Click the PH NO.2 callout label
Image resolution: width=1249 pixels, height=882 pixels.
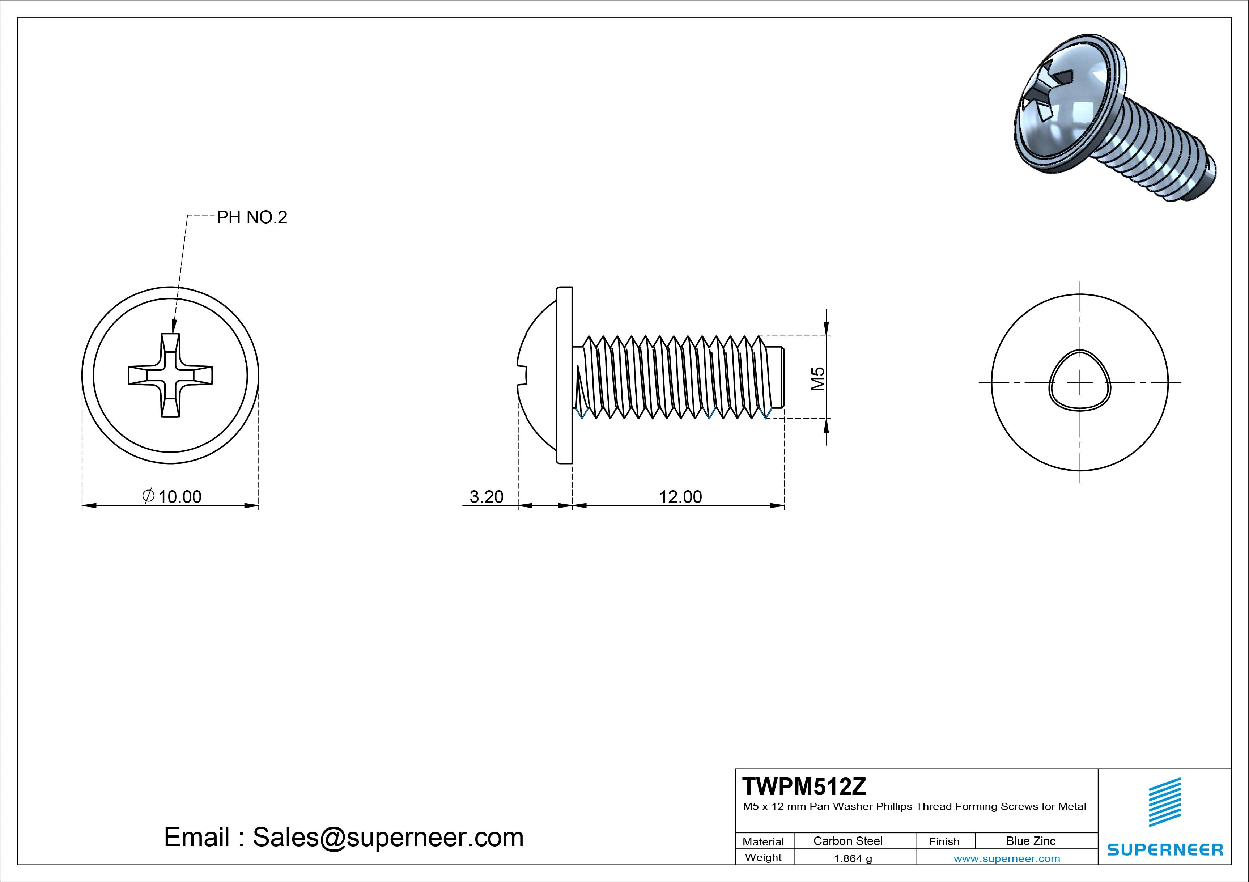(251, 218)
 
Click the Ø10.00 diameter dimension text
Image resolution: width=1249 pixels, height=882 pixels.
(173, 496)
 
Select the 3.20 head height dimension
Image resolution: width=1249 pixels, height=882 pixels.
(487, 496)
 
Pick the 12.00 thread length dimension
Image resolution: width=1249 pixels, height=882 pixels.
(680, 496)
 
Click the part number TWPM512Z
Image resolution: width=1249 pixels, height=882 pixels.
(804, 787)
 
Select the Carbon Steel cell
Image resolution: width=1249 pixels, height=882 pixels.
(847, 841)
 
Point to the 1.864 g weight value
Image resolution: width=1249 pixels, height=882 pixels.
(853, 858)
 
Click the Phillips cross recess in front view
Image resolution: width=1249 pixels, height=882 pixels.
(170, 376)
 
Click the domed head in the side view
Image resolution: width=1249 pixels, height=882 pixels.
(536, 376)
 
